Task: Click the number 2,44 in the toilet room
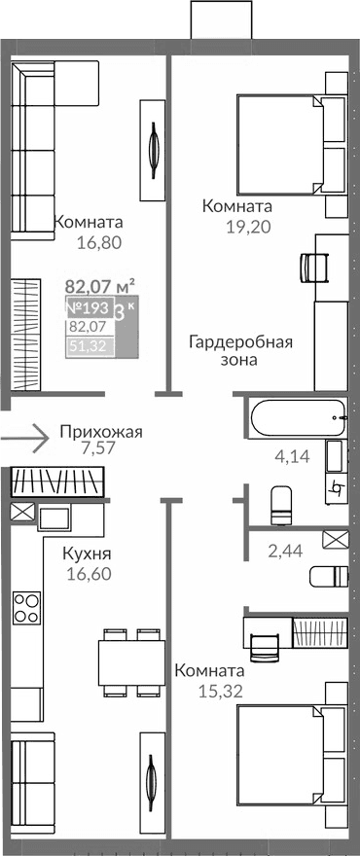(284, 552)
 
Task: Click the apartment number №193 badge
(90, 309)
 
